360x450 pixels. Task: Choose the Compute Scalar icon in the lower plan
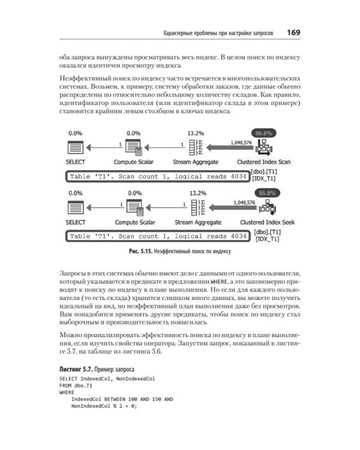(x=134, y=207)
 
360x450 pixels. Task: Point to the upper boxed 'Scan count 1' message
(x=157, y=177)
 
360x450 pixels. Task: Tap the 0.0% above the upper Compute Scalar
(x=134, y=133)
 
